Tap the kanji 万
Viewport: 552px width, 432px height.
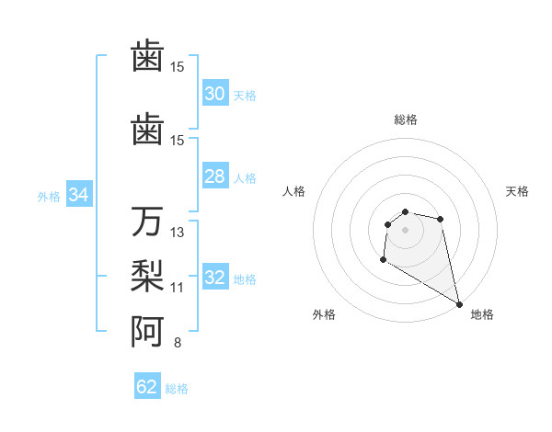(x=147, y=222)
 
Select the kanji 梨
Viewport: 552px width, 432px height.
(x=147, y=276)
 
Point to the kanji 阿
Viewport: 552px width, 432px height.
(x=147, y=331)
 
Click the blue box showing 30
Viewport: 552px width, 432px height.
(x=215, y=94)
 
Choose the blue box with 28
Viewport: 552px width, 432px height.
(x=215, y=176)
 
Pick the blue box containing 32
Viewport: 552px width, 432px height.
(x=215, y=278)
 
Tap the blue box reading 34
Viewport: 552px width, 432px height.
(x=79, y=195)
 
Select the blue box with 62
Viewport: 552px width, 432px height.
(x=147, y=387)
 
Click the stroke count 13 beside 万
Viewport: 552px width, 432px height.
(x=178, y=233)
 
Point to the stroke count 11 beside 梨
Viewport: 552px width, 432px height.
(x=178, y=288)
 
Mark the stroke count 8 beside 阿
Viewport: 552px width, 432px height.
(x=178, y=343)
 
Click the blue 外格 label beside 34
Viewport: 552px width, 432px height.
(x=49, y=196)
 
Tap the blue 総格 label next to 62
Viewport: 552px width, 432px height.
(x=177, y=389)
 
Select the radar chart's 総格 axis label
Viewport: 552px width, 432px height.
(x=405, y=119)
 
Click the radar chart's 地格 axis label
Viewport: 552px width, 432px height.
(x=482, y=314)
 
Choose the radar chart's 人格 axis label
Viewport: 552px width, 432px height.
(x=294, y=191)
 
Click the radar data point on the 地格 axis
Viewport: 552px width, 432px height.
(x=460, y=304)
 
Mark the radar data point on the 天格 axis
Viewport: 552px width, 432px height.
(x=441, y=219)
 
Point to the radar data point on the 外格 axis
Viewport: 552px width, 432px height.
(x=383, y=260)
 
